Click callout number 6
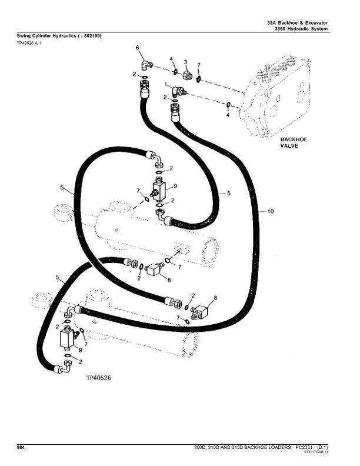coord(138,47)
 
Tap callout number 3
coord(185,62)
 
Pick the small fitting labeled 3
coord(187,75)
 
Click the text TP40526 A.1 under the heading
coord(28,43)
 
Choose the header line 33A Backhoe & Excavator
coord(296,22)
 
